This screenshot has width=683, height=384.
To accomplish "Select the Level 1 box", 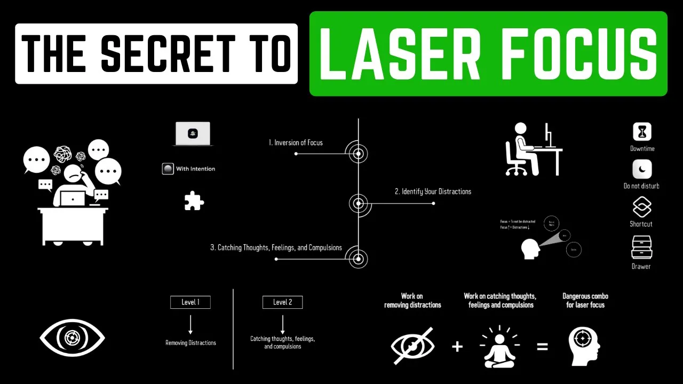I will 190,302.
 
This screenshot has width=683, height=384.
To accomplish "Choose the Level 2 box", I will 282,302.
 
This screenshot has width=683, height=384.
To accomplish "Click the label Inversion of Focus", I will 296,143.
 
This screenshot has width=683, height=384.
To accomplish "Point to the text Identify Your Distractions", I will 433,191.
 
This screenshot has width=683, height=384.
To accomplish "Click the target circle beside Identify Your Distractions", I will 359,203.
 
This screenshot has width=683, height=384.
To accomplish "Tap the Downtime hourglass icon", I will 642,132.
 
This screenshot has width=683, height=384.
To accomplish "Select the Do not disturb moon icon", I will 642,170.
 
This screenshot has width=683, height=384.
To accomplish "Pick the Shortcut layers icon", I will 642,207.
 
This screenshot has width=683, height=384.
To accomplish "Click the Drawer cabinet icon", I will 641,247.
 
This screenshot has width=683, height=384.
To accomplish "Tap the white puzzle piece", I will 194,201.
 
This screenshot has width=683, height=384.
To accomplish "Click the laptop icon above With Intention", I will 193,134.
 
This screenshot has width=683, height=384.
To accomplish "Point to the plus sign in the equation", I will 457,347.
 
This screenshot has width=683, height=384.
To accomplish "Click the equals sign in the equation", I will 542,347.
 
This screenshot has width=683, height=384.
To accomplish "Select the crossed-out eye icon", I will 412,346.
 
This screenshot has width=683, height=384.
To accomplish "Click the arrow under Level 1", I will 190,324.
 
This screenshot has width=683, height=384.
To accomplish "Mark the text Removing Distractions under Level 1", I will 190,343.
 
